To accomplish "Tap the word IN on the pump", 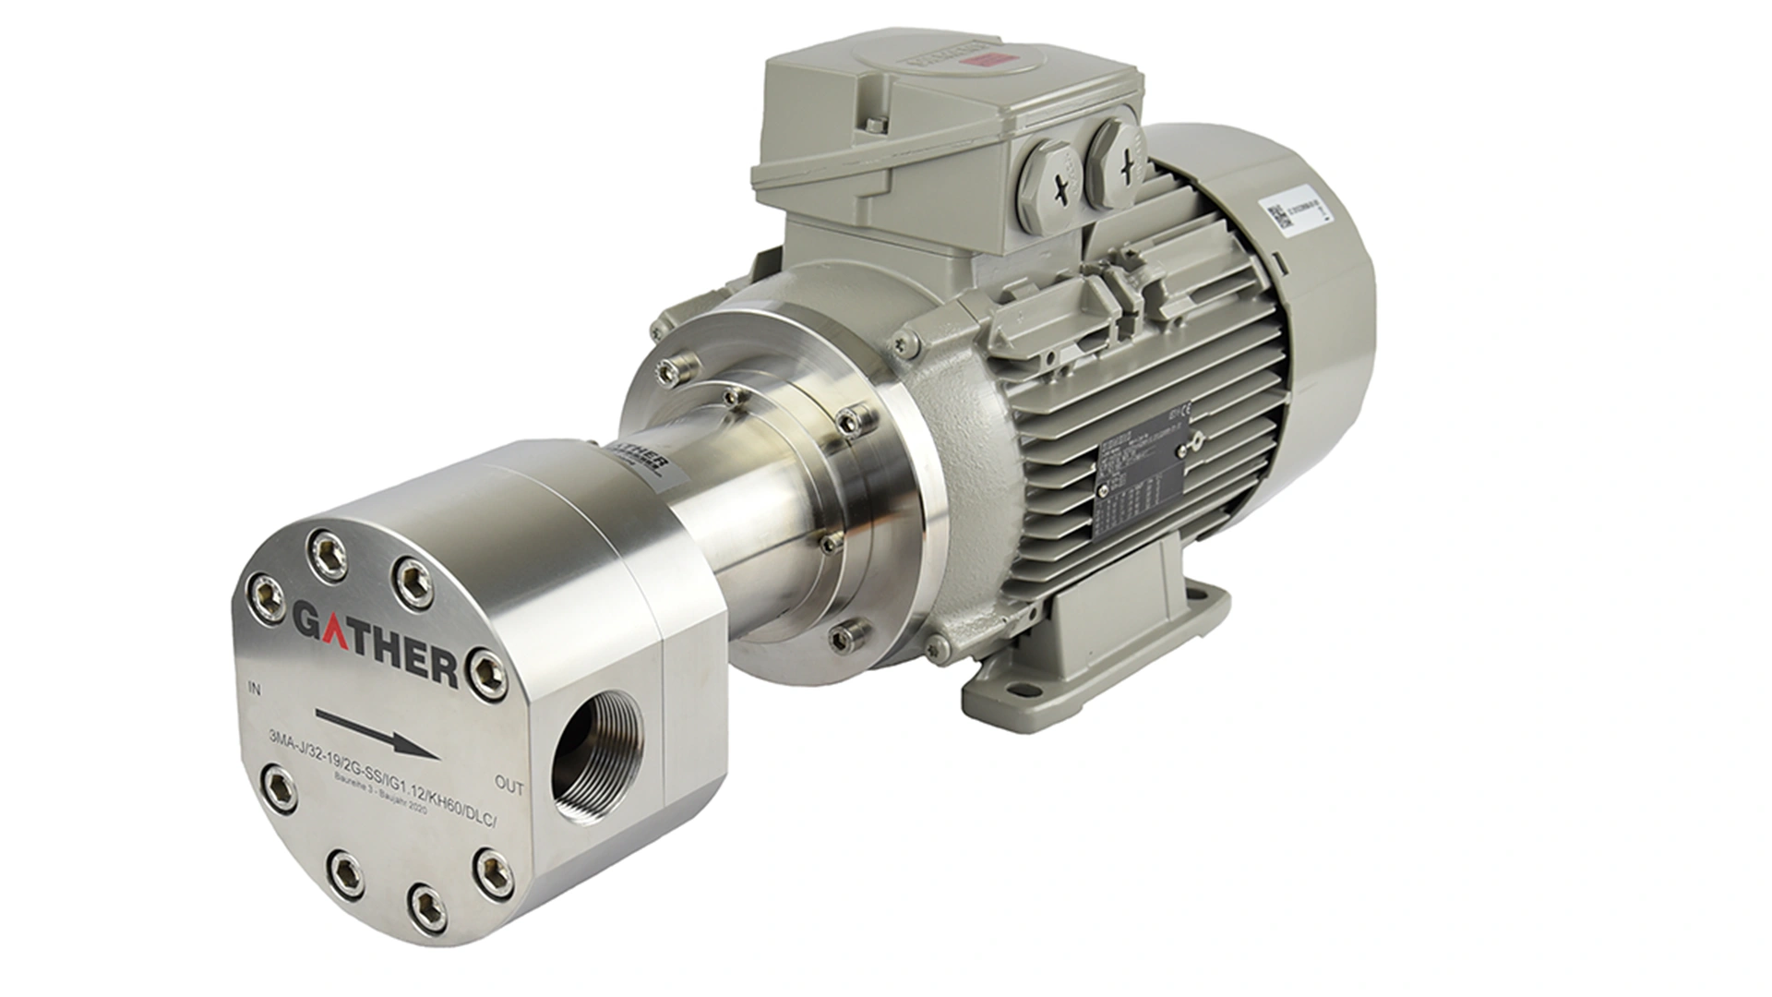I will point(256,690).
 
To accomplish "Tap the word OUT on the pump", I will point(509,787).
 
